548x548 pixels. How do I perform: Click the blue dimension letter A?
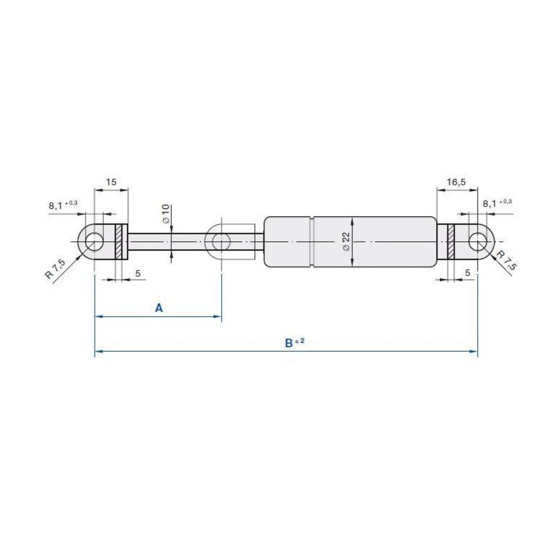click(x=159, y=308)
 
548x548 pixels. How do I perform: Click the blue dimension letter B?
click(x=288, y=343)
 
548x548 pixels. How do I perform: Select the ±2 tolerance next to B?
click(x=300, y=340)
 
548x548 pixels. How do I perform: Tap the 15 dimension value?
click(x=111, y=182)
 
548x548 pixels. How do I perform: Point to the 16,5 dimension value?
click(x=456, y=182)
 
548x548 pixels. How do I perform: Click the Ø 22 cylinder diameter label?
click(x=346, y=242)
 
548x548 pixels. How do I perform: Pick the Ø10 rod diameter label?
click(x=166, y=214)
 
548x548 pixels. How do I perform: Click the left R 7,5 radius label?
click(x=55, y=269)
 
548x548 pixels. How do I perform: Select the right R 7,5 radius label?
click(x=506, y=260)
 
